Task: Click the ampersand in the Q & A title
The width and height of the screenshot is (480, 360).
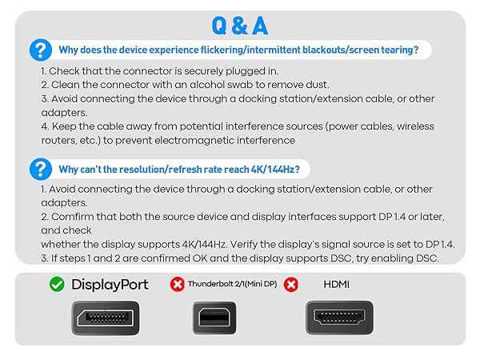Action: pos(240,26)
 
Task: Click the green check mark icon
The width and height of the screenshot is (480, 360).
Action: pos(56,284)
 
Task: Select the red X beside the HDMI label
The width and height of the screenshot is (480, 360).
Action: pos(291,284)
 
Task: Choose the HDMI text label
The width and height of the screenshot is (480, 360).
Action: pos(337,284)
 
